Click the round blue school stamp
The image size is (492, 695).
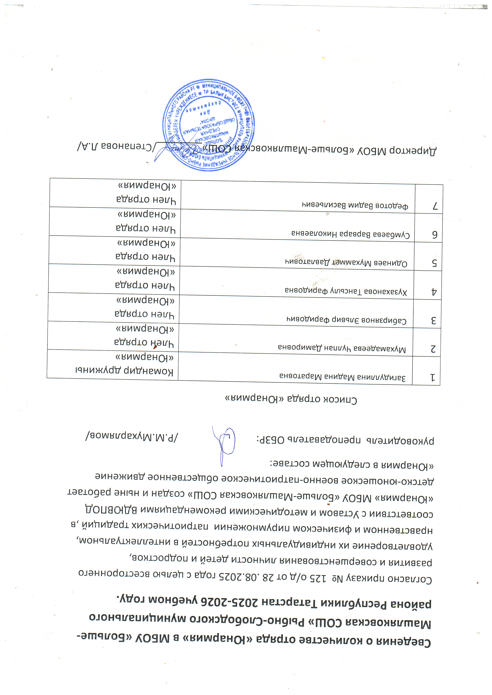[x=209, y=125]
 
